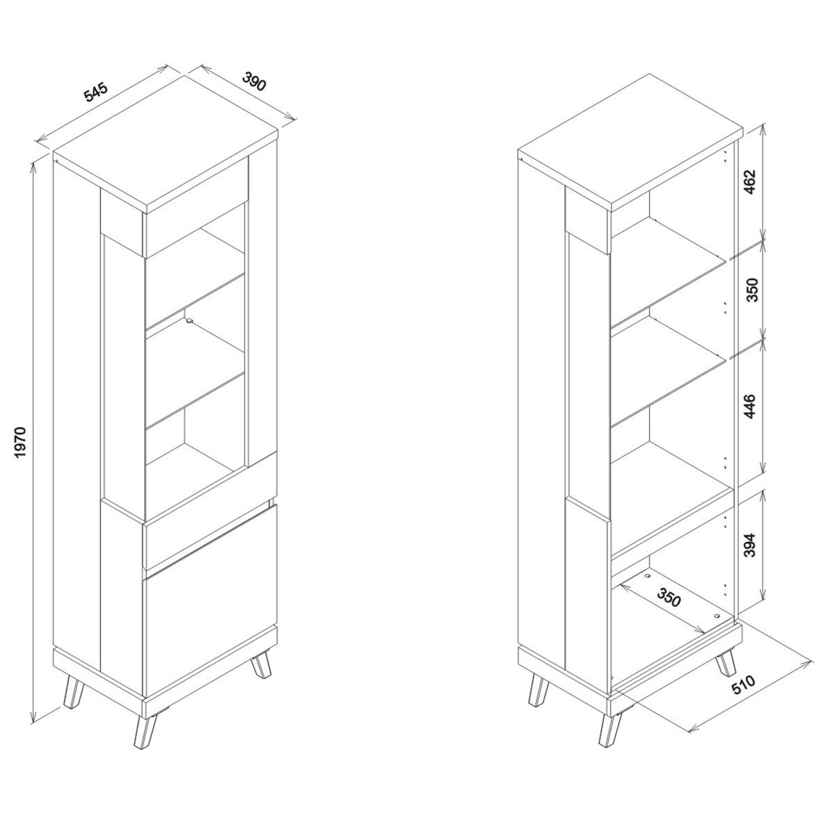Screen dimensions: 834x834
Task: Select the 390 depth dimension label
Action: [254, 82]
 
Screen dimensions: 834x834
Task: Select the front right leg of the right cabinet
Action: [609, 730]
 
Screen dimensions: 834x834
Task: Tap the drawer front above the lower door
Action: [211, 535]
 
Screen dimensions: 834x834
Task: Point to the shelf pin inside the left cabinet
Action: [189, 320]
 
